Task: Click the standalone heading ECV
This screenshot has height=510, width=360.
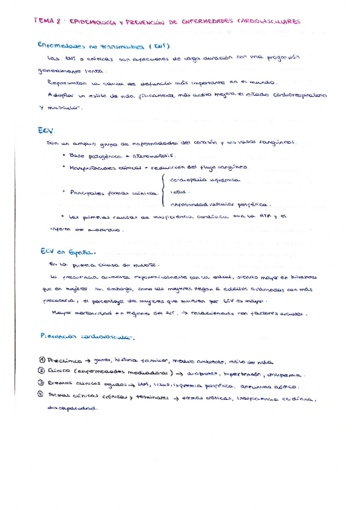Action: pos(46,130)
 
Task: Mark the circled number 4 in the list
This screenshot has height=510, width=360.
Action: pos(40,396)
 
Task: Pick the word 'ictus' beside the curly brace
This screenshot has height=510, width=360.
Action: pos(178,192)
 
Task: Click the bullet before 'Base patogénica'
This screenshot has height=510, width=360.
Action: pos(64,155)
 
